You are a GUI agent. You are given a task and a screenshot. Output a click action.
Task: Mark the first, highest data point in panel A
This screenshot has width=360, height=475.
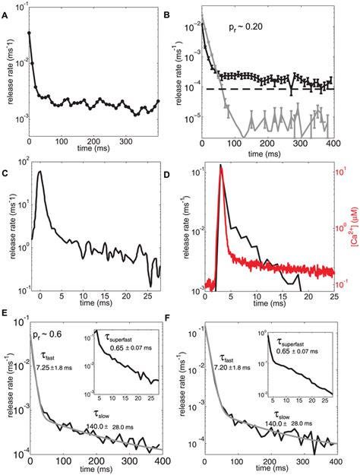[x=29, y=33]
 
